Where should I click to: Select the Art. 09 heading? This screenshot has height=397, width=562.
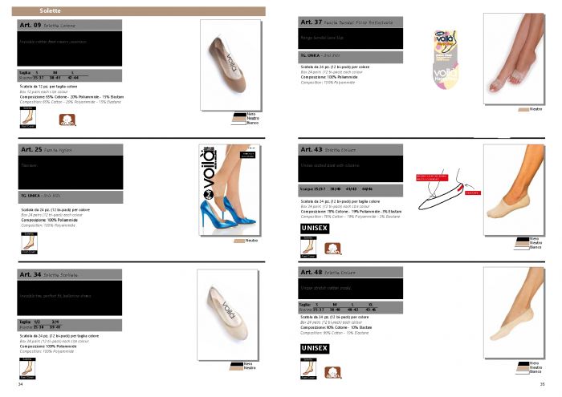tap(31, 26)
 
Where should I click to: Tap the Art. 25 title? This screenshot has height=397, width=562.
tap(31, 149)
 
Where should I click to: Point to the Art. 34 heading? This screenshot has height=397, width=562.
tap(31, 274)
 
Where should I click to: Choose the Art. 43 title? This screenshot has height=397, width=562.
tap(311, 149)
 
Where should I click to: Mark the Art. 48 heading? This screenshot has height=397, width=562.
tap(311, 273)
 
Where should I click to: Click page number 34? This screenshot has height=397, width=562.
tap(20, 385)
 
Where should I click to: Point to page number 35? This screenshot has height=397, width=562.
tap(542, 385)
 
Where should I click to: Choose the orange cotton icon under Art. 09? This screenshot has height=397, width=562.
tap(67, 122)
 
